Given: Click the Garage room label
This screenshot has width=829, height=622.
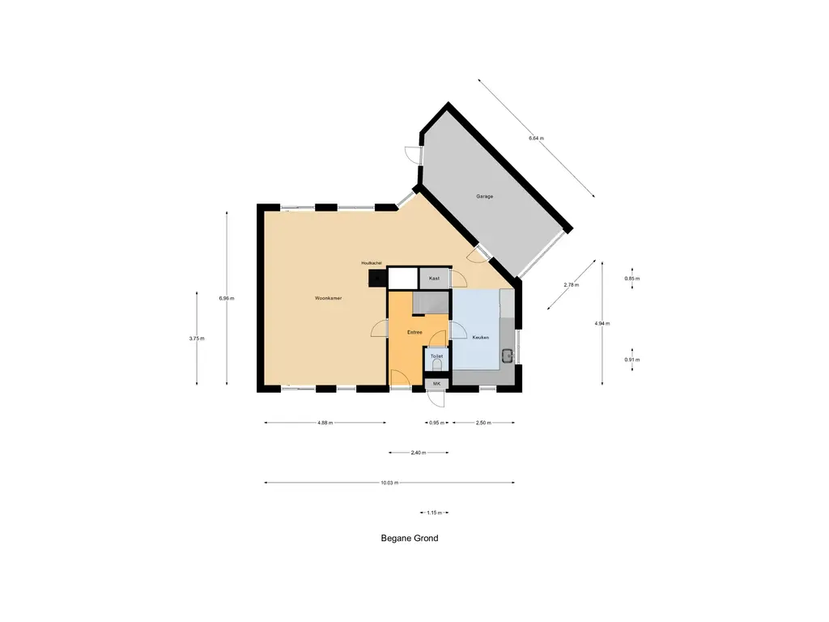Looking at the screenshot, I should [484, 197].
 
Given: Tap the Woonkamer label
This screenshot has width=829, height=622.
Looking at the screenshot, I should [328, 299].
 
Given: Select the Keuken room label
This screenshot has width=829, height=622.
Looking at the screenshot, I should [481, 337].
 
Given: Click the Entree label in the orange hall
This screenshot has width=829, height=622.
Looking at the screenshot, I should [414, 332].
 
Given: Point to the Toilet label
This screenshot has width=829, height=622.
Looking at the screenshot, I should [436, 356].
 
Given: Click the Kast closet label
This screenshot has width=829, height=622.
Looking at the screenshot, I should [434, 278].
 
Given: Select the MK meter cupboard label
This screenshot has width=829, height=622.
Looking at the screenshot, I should [436, 383].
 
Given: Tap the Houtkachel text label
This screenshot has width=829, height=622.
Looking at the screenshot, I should [372, 263].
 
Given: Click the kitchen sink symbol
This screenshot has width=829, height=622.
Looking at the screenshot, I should [507, 354].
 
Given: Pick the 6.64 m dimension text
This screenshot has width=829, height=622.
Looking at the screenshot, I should [536, 138].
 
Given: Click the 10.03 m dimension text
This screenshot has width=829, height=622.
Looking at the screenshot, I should [389, 483].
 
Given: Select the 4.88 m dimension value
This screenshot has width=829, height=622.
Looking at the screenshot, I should [325, 423].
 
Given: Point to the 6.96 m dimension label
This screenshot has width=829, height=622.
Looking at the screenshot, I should [227, 298].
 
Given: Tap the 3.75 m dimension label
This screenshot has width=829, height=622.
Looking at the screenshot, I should [198, 339].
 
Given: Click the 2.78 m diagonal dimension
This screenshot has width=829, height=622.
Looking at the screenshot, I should [571, 285].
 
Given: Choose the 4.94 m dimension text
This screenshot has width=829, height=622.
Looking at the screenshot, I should [602, 323].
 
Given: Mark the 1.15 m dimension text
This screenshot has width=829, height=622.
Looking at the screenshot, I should [433, 513].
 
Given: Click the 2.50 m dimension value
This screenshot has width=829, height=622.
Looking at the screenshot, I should [483, 423].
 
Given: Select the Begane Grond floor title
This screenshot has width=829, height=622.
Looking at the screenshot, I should [410, 538].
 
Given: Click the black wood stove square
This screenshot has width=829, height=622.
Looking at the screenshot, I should [376, 279].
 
